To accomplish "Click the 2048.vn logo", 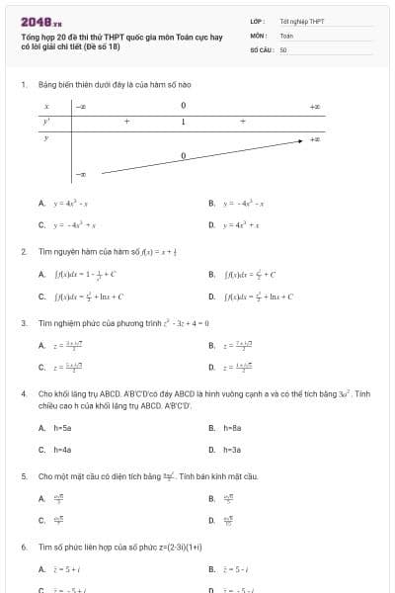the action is coord(41,21).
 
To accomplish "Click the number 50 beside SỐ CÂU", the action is coord(282,48).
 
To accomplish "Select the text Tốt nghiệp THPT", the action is coord(301,21).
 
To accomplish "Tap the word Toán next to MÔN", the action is coord(286,35).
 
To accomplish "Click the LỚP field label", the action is coord(256,21).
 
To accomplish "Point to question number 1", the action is coord(23,85).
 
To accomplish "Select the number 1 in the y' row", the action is coord(183,122).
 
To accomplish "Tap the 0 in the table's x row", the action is coord(183,105).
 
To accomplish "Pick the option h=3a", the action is coord(233,450).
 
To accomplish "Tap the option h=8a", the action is coord(233,428).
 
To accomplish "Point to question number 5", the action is coord(23,476).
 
